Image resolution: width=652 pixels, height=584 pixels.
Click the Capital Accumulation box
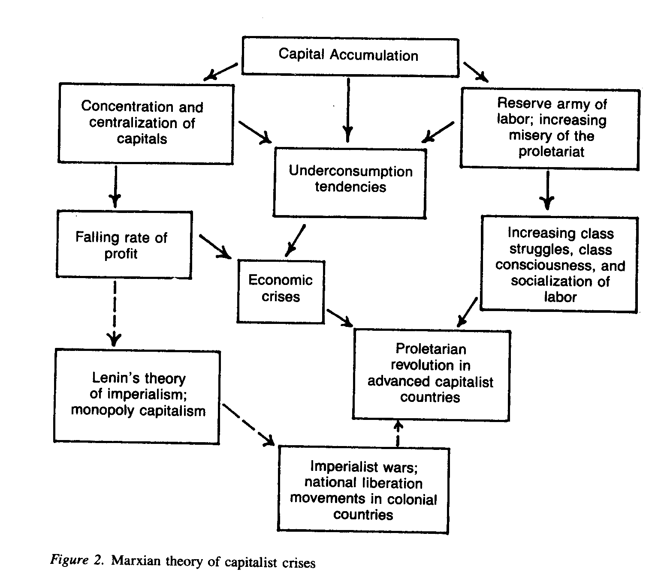(x=350, y=55)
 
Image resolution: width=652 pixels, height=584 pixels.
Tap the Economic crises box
(x=281, y=291)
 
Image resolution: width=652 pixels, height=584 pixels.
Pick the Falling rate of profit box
(x=124, y=245)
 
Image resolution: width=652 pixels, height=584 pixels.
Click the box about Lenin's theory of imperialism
(x=137, y=397)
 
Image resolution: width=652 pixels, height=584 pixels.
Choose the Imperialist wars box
(x=363, y=490)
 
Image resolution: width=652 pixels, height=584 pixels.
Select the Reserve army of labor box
(x=550, y=128)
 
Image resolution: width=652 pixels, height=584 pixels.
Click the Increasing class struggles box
(x=558, y=264)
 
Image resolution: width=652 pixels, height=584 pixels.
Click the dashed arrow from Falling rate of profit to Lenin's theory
(x=115, y=313)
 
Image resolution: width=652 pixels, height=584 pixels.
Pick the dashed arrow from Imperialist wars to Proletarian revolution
(x=398, y=434)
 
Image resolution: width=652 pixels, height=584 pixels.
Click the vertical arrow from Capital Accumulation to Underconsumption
(x=348, y=109)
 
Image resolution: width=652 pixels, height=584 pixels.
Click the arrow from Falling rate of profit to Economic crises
(x=215, y=246)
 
